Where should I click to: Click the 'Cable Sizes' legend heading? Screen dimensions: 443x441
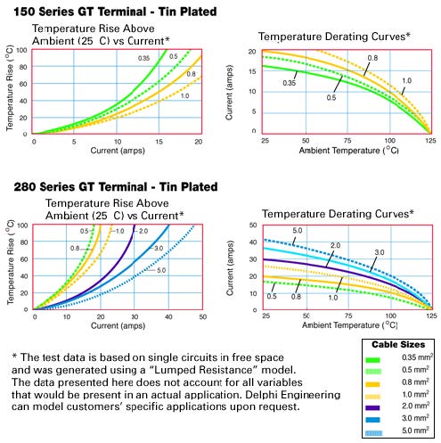coord(397,344)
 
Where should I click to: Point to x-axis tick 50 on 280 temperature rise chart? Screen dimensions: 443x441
coord(202,317)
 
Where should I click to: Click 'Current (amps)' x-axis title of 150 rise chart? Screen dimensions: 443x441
coord(117,151)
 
